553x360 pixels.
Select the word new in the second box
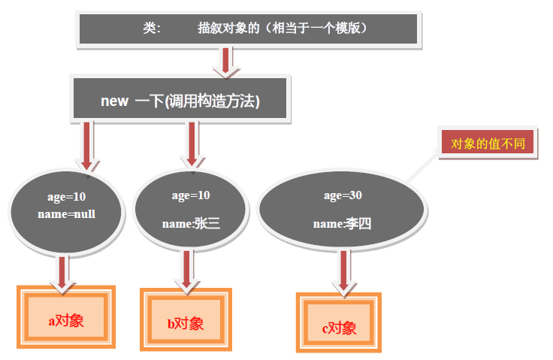(x=115, y=101)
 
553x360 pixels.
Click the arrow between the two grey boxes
(x=225, y=61)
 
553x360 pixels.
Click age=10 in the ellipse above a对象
(x=65, y=197)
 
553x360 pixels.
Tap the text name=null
(x=65, y=214)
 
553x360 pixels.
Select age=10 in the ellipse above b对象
(x=191, y=195)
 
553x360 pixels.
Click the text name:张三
(x=191, y=222)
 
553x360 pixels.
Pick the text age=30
(x=343, y=195)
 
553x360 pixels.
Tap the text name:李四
(x=343, y=223)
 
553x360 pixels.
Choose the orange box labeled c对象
(x=339, y=328)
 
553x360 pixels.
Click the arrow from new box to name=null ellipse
(x=87, y=146)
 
